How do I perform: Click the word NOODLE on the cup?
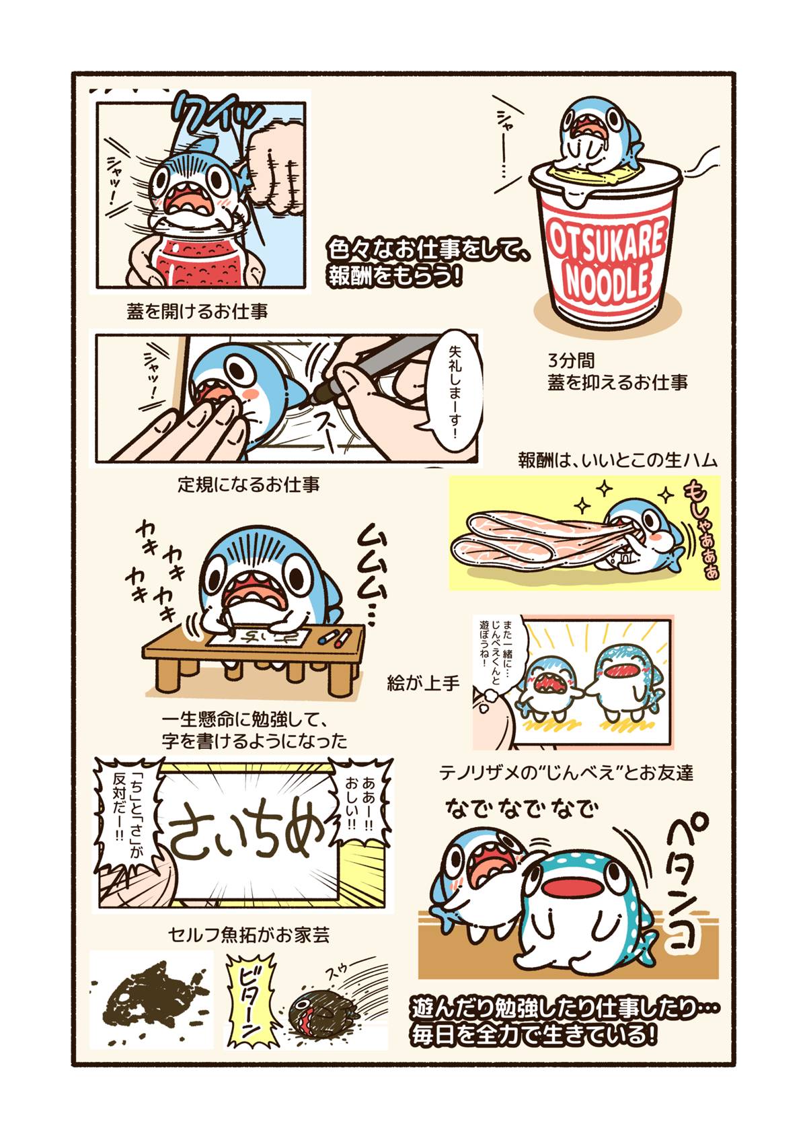tap(607, 282)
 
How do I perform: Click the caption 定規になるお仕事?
tap(248, 484)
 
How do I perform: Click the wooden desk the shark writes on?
tap(256, 649)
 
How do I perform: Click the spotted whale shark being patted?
tap(585, 909)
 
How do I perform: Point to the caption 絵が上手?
tap(423, 684)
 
